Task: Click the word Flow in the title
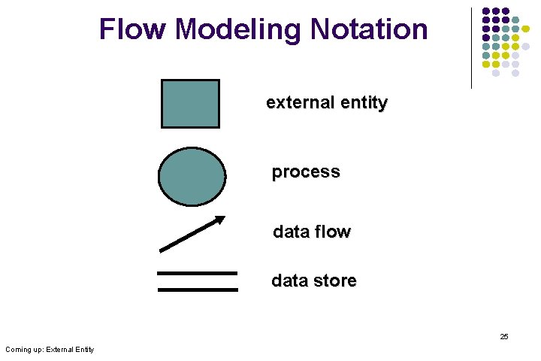(133, 29)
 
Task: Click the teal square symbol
(190, 104)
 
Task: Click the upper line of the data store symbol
(197, 273)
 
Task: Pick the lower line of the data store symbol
(197, 289)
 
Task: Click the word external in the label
(296, 103)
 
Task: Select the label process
(306, 172)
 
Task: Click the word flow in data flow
(332, 232)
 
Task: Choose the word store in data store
(336, 281)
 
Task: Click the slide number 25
(504, 336)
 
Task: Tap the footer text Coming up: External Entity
(50, 349)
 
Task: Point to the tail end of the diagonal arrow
(162, 250)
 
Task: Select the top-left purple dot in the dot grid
(486, 12)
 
